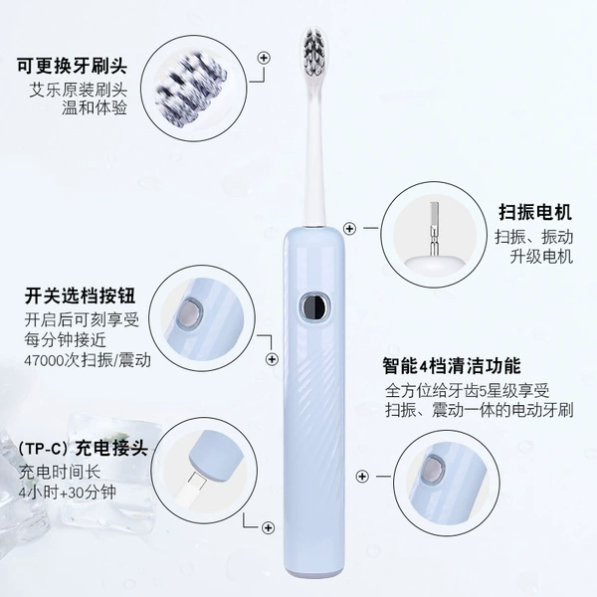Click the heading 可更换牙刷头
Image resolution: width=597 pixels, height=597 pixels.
coord(72,66)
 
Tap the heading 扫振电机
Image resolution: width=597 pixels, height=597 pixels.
coord(535,212)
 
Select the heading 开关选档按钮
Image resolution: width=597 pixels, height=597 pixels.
coord(80,296)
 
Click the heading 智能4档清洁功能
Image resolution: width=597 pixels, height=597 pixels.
coord(452,366)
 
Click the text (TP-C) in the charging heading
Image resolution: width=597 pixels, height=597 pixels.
coord(45,449)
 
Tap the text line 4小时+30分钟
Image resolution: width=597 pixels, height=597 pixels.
coord(67,493)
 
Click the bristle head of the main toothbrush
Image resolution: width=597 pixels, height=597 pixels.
coord(314,52)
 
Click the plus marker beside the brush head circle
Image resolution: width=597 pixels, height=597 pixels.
coord(264,58)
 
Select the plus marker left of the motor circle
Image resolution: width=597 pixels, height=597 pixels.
coord(349,229)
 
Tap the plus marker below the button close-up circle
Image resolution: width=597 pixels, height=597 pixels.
coord(272,359)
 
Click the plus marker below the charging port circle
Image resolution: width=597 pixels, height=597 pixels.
coord(268,527)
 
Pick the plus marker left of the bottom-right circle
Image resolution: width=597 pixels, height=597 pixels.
coord(362,476)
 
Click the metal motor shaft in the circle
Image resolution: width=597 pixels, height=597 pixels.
coord(433,229)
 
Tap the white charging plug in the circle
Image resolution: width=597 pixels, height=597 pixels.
coord(191,486)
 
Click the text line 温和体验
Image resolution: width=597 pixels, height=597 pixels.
coord(95,108)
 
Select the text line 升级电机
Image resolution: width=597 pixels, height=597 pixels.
coord(541,257)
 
